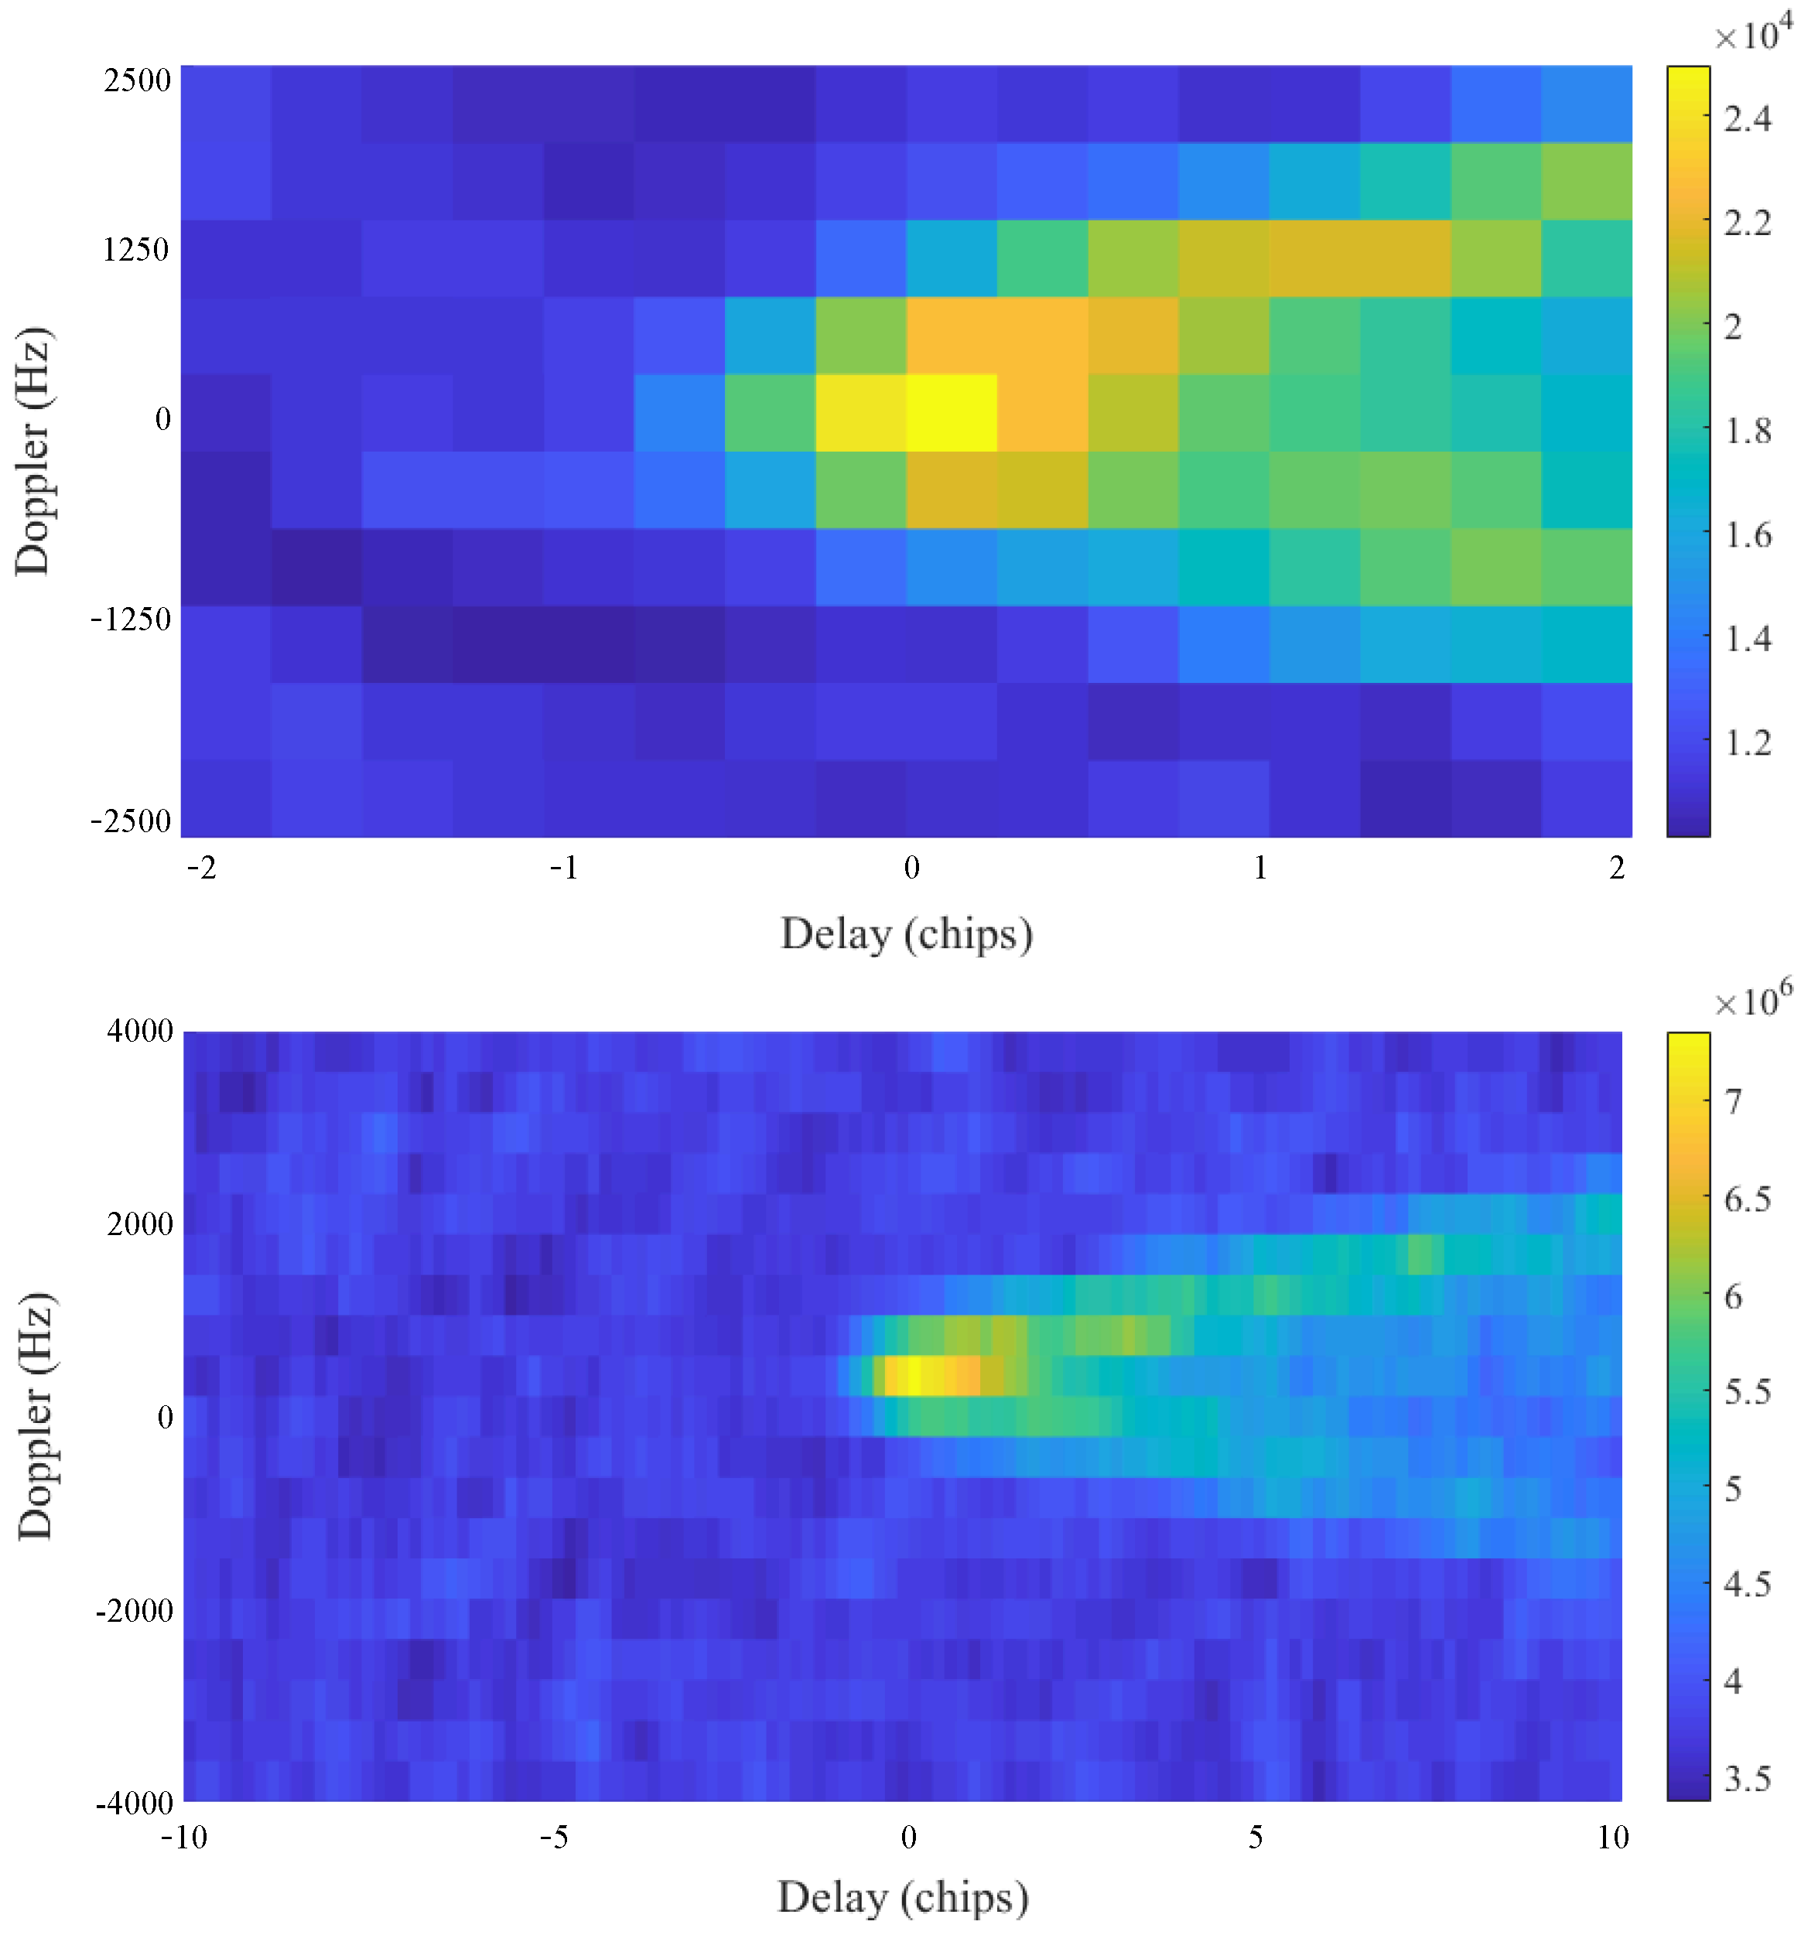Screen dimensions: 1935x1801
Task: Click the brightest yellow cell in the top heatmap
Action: pyautogui.click(x=950, y=413)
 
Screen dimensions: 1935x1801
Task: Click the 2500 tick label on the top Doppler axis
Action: pyautogui.click(x=137, y=80)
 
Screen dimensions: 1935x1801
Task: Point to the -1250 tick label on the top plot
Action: pyautogui.click(x=131, y=619)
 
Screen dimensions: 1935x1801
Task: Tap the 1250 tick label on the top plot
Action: pyautogui.click(x=136, y=250)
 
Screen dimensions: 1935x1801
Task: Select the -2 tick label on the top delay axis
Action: pyautogui.click(x=201, y=867)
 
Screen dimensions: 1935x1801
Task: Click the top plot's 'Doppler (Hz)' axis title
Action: pyautogui.click(x=33, y=451)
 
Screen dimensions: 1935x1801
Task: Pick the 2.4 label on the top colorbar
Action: pyautogui.click(x=1747, y=119)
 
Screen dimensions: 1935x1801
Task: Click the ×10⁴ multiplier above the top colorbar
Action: pyautogui.click(x=1752, y=34)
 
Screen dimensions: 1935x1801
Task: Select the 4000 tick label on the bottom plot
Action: pyautogui.click(x=139, y=1031)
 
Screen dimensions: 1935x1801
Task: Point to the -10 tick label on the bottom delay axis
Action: pyautogui.click(x=183, y=1838)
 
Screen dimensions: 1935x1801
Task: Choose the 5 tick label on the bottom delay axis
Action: pyautogui.click(x=1255, y=1838)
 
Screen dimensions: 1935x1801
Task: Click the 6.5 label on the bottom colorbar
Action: pyautogui.click(x=1747, y=1200)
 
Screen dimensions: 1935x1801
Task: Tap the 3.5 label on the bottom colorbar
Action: pyautogui.click(x=1747, y=1780)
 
